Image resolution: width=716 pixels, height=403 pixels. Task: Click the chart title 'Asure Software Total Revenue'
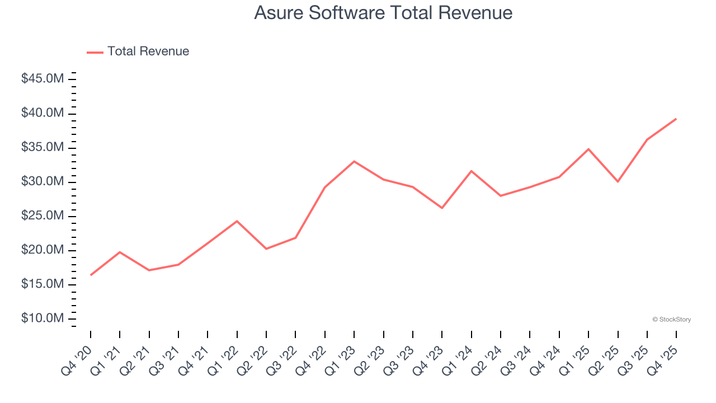point(383,13)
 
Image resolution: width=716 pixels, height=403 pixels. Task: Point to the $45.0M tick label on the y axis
point(43,79)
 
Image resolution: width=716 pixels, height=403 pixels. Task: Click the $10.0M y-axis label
point(43,318)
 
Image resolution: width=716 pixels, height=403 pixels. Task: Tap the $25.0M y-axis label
point(43,216)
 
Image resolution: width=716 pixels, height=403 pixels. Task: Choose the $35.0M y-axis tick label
point(43,147)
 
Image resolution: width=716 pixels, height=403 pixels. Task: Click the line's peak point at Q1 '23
point(354,161)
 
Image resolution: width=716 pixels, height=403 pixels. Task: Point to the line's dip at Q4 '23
point(442,208)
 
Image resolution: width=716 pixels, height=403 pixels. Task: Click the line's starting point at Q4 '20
point(91,275)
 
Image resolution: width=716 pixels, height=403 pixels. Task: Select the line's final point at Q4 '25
point(676,119)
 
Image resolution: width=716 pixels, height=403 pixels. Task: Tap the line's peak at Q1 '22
point(237,221)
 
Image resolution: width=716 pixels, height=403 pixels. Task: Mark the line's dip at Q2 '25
point(618,181)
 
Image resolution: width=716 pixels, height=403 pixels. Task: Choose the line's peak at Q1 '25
point(588,149)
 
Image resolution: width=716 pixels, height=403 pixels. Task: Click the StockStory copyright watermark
point(671,320)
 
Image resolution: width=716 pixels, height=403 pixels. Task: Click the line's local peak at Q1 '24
point(471,171)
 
